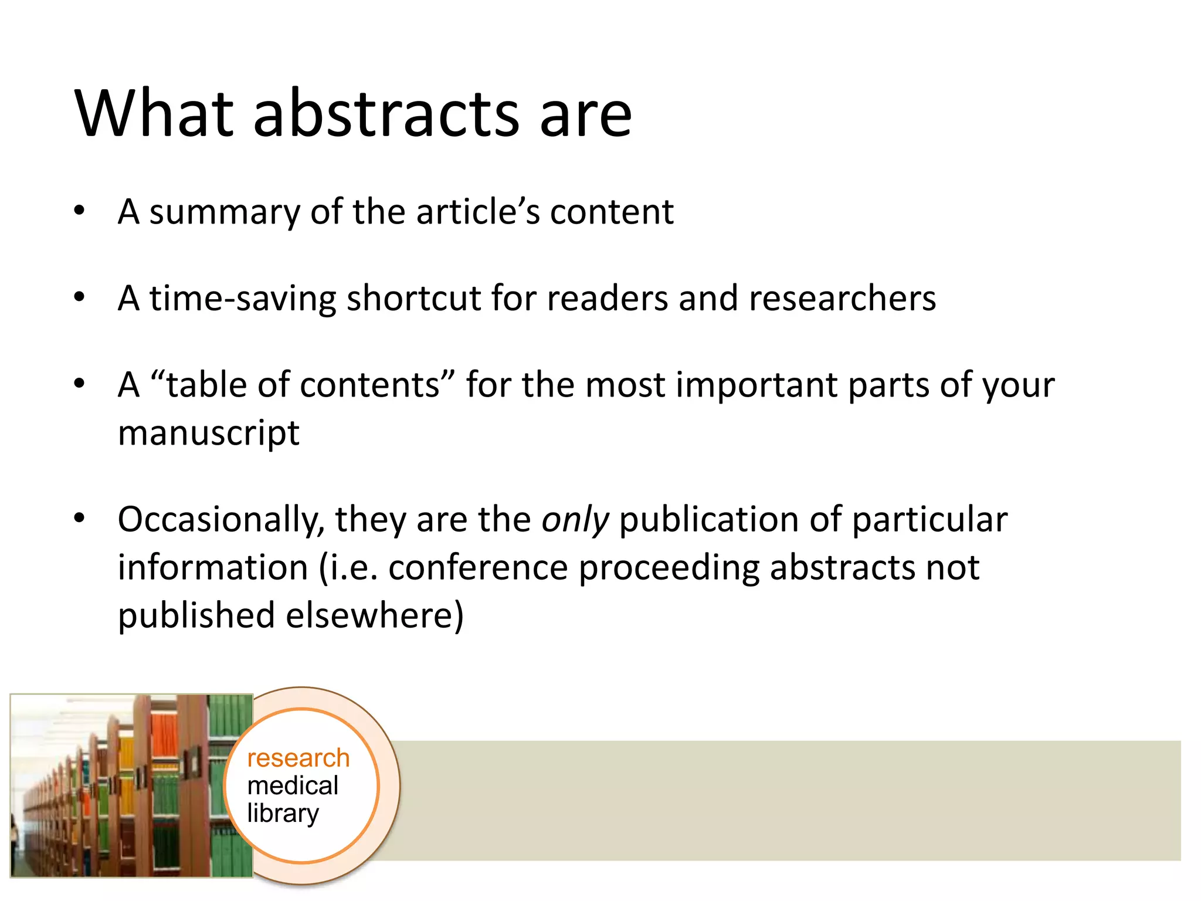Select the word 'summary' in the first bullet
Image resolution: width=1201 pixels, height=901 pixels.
coord(224,212)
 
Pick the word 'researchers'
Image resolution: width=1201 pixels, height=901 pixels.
coord(842,299)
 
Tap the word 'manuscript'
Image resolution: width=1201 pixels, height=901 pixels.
coord(209,434)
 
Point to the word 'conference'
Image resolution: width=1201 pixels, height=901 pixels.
coord(478,568)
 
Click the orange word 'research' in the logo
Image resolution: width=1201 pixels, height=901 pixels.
coord(298,758)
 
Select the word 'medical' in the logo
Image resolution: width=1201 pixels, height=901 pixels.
coord(293,785)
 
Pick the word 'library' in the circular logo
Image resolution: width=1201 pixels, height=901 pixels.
coord(283,814)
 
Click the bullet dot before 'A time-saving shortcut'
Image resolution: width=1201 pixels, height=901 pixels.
coord(79,297)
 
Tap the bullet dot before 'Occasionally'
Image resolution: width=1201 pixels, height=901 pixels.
coord(79,518)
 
